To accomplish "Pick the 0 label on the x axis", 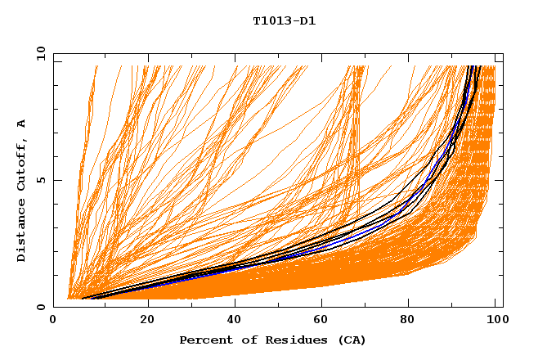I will pos(54,320).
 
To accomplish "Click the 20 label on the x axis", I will pos(147,320).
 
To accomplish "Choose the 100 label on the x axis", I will pos(496,320).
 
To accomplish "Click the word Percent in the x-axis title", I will pos(204,340).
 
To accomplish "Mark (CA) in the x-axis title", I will pos(350,340).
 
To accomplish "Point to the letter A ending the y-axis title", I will pos(21,124).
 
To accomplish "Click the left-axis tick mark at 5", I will pos(56,181).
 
